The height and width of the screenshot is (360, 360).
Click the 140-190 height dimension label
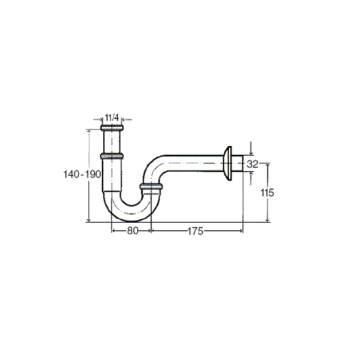[82, 175]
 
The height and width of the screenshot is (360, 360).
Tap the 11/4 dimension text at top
[112, 118]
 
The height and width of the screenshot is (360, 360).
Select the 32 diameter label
[252, 164]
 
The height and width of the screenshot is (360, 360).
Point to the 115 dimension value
[267, 193]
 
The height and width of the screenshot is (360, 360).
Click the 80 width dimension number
[132, 231]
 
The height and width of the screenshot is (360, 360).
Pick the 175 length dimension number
[196, 231]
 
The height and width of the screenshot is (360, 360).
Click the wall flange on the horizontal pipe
[228, 164]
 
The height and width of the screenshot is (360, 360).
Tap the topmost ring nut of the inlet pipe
[112, 128]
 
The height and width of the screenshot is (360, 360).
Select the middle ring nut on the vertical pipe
[112, 156]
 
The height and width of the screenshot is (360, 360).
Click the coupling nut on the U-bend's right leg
[151, 186]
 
